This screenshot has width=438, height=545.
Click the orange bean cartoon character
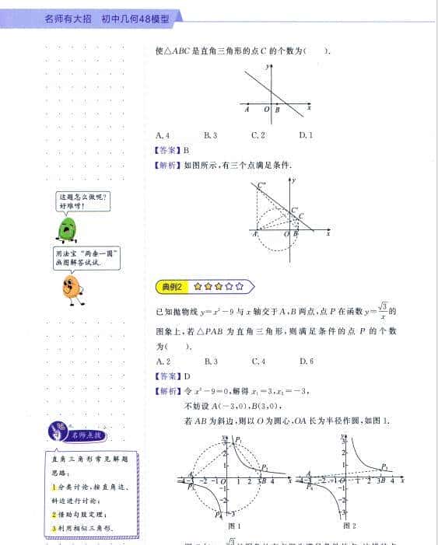72,287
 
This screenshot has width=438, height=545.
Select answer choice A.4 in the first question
163,135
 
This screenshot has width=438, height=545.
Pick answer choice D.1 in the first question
306,135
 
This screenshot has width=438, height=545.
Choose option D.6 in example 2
306,361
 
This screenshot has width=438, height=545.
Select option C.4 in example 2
259,361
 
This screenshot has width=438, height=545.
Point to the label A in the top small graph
247,110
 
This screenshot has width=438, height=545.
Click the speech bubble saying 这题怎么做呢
82,201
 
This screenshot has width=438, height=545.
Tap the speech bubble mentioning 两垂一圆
88,257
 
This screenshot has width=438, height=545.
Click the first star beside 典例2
198,286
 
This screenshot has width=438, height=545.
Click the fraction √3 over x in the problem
383,310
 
